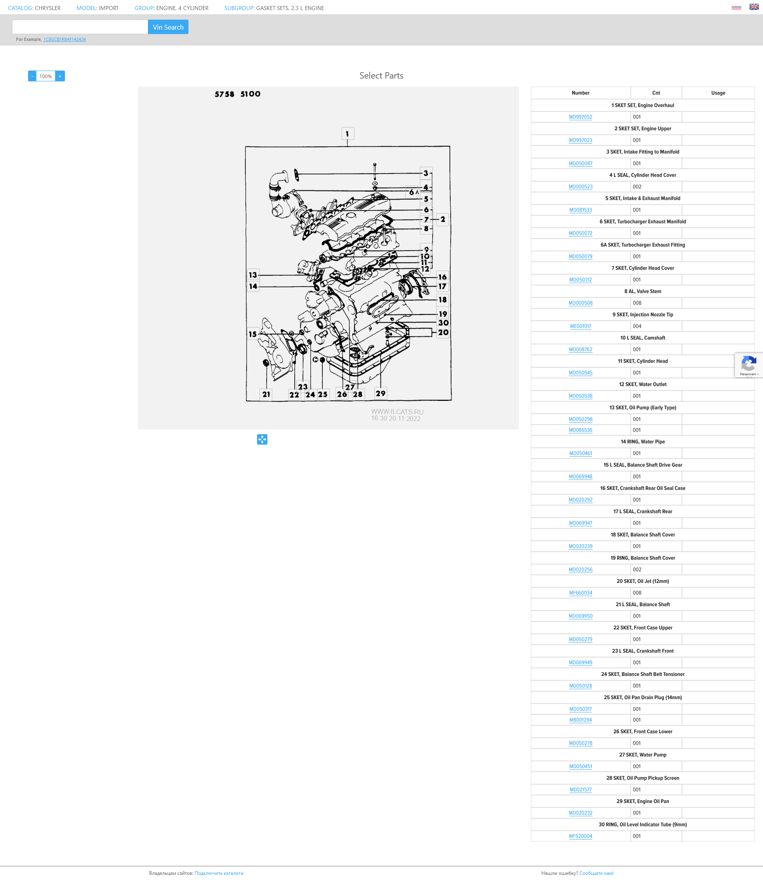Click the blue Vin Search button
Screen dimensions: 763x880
[168, 27]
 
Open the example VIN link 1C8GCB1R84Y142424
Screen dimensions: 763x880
[64, 39]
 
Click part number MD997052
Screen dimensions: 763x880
[580, 117]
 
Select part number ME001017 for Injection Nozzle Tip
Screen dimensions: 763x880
[580, 326]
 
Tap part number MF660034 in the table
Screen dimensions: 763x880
[580, 593]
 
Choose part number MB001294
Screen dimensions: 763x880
[580, 720]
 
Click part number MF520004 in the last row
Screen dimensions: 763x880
[580, 836]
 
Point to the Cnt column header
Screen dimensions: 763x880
[656, 93]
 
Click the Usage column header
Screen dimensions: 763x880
[718, 93]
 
